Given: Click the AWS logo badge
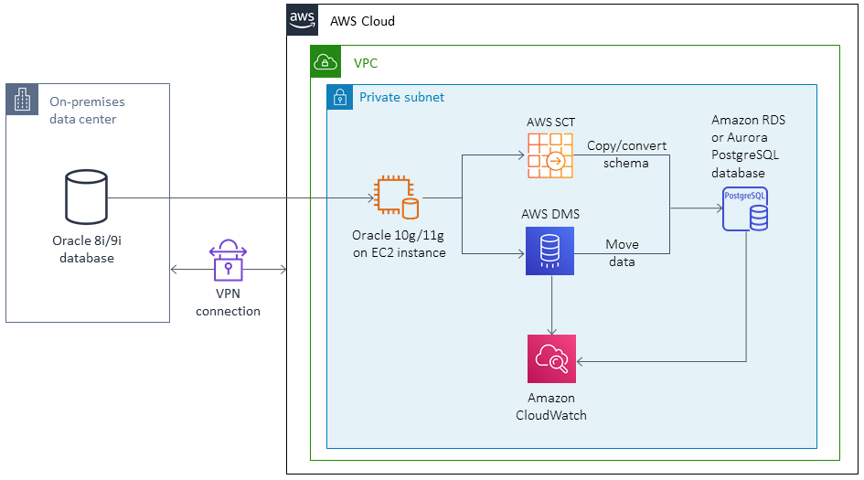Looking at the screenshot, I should pyautogui.click(x=301, y=20).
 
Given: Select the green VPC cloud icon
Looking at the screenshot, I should pyautogui.click(x=325, y=62).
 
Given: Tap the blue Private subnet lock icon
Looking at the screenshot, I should pyautogui.click(x=339, y=97).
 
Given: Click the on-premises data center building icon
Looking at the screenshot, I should pyautogui.click(x=21, y=100).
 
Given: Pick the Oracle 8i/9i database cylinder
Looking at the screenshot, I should pyautogui.click(x=85, y=197).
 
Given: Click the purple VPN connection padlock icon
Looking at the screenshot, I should pyautogui.click(x=228, y=261).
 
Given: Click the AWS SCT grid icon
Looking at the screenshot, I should pyautogui.click(x=549, y=155).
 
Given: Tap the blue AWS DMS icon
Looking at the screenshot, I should pyautogui.click(x=549, y=251).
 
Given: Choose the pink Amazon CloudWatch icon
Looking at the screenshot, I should pyautogui.click(x=551, y=358).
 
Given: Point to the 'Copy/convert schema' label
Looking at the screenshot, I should pyautogui.click(x=626, y=154).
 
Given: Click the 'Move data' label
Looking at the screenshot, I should pyautogui.click(x=623, y=252).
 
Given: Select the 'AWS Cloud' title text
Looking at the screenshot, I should pyautogui.click(x=362, y=20).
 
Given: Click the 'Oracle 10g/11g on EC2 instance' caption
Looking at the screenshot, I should pyautogui.click(x=399, y=244).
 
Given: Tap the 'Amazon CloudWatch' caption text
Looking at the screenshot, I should pyautogui.click(x=551, y=406).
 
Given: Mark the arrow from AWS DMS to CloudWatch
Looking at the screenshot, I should pyautogui.click(x=551, y=306).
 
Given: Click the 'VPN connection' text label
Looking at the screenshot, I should pyautogui.click(x=228, y=304).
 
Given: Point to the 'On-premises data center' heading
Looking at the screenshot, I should pyautogui.click(x=87, y=110).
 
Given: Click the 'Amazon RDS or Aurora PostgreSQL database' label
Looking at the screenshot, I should pyautogui.click(x=747, y=146).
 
